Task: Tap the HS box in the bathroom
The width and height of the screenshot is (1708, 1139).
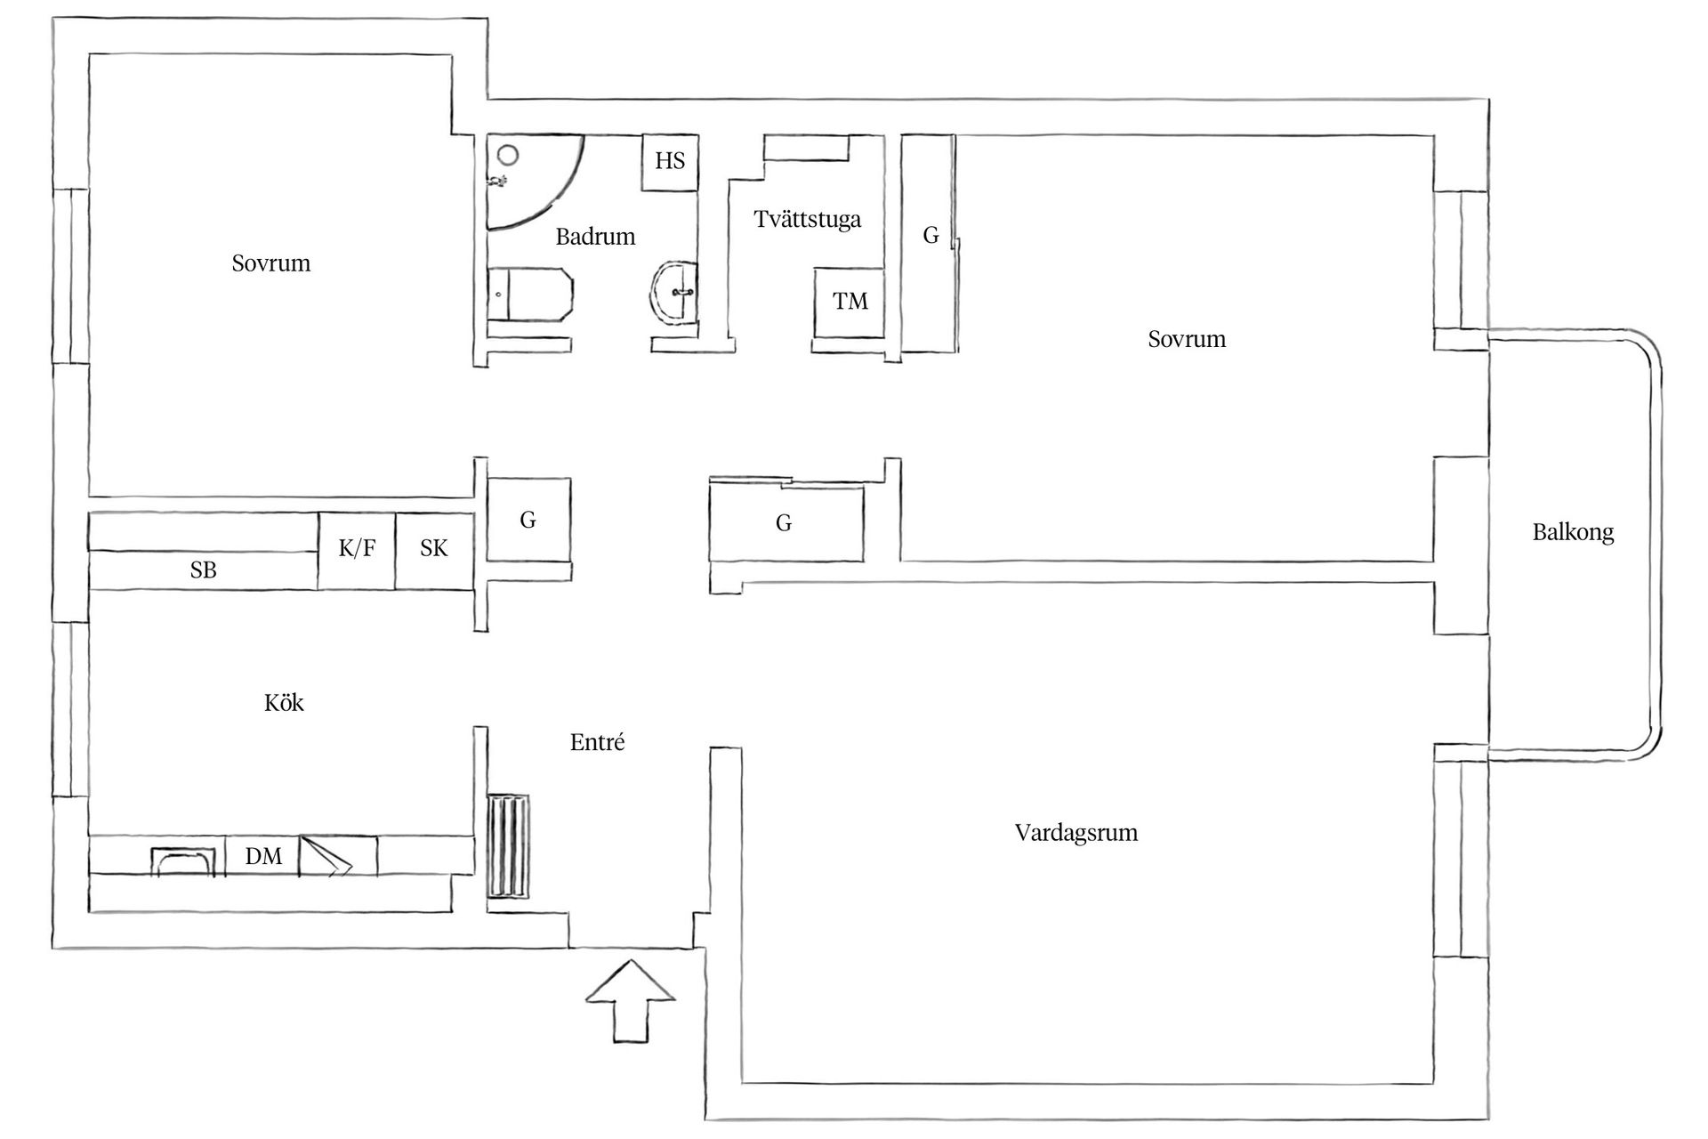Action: tap(670, 161)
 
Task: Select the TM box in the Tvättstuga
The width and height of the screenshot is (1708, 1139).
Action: tap(850, 302)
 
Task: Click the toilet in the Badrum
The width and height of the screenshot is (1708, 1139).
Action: tap(530, 295)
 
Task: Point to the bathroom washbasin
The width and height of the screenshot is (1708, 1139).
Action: tap(674, 293)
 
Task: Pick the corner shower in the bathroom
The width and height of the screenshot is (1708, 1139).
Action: tap(534, 182)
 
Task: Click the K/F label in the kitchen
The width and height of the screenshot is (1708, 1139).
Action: tap(357, 548)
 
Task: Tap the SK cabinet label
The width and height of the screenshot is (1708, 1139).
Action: tap(434, 548)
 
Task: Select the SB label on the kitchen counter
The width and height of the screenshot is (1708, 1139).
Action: tap(203, 570)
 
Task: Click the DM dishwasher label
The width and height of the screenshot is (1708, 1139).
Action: tap(263, 856)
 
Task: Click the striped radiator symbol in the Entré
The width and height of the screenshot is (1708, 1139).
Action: tap(508, 848)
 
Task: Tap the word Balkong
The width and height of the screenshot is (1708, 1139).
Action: tap(1573, 532)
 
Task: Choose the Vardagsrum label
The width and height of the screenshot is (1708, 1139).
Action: tap(1076, 833)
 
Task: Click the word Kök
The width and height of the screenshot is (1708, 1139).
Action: tap(284, 703)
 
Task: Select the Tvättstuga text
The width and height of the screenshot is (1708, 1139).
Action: tap(808, 219)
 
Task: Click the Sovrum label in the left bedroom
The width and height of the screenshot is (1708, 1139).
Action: tap(271, 263)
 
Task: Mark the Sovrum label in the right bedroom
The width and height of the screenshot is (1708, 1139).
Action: tap(1187, 339)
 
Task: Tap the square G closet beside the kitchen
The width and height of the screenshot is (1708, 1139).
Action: tap(528, 520)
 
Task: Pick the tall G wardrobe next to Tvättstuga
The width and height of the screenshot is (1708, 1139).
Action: tap(930, 244)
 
